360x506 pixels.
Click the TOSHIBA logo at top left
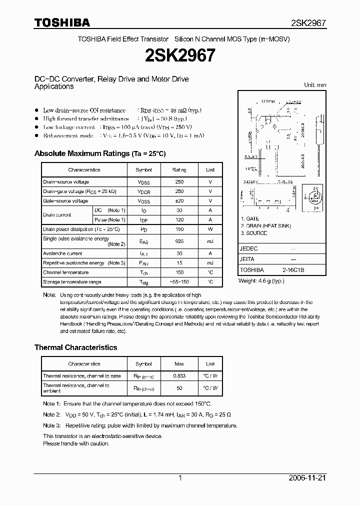click(x=62, y=22)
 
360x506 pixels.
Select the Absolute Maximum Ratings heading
click(x=99, y=153)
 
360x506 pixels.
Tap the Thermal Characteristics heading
click(x=75, y=347)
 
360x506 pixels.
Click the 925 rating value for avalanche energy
click(x=179, y=241)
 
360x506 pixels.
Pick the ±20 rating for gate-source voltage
click(x=179, y=200)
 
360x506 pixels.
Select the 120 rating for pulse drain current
click(x=179, y=220)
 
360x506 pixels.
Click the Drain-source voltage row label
click(x=66, y=182)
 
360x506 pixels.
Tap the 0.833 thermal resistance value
click(x=179, y=375)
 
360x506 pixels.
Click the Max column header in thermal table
click(x=179, y=364)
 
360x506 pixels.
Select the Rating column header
click(x=179, y=170)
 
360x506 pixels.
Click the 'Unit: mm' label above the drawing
click(x=315, y=85)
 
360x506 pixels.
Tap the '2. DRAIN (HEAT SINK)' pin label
click(x=265, y=226)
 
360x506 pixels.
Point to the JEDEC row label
click(x=249, y=248)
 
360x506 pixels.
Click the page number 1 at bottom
click(x=180, y=478)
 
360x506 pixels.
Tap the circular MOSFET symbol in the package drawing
click(x=315, y=196)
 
